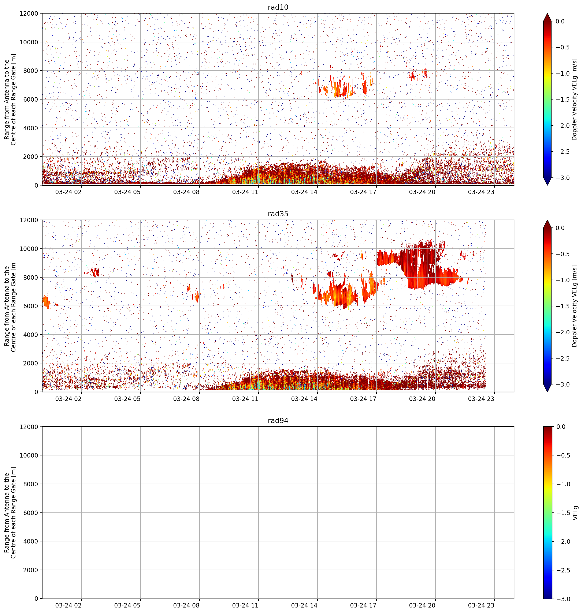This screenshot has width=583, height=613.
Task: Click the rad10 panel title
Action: click(x=278, y=7)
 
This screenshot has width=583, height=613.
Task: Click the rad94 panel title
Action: click(x=278, y=421)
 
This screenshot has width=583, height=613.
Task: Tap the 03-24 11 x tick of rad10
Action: click(x=245, y=192)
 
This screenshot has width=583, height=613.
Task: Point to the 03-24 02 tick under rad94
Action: click(x=68, y=605)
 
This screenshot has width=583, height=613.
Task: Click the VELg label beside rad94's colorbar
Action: click(x=575, y=513)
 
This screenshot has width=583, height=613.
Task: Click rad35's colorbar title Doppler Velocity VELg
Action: click(x=575, y=306)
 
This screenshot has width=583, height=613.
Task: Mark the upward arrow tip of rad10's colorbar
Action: click(x=547, y=13)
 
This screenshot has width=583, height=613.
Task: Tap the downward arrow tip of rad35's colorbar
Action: click(x=547, y=392)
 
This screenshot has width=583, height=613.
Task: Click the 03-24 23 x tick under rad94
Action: click(x=481, y=605)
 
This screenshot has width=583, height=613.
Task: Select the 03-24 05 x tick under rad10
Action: click(x=127, y=192)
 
